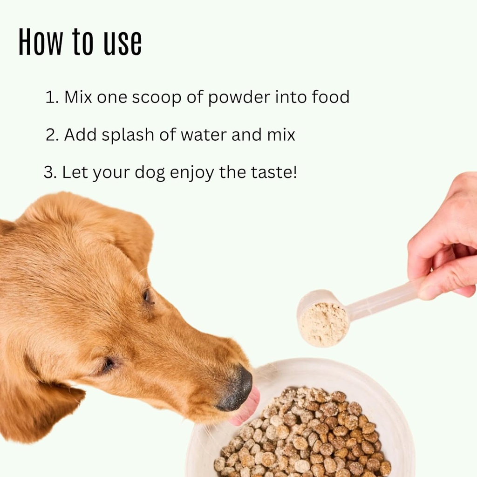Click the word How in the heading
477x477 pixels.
[x=40, y=42]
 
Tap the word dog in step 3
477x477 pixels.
[x=150, y=173]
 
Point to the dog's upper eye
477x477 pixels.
[x=147, y=296]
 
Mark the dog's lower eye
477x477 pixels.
[x=108, y=364]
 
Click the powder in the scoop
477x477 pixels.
[x=324, y=324]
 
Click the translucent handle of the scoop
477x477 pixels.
[x=382, y=298]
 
